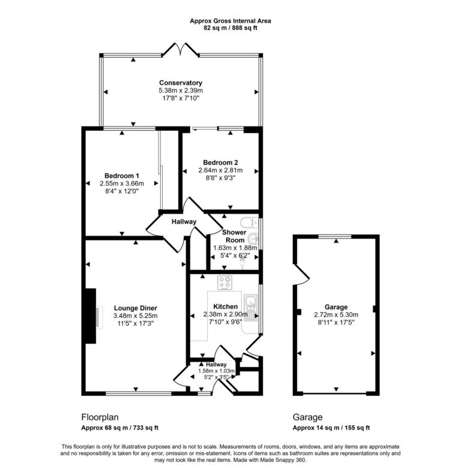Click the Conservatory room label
tap(180, 83)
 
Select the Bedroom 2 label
tap(220, 162)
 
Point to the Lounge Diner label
tap(135, 308)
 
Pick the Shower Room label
tap(234, 236)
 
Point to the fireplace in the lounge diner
tap(91, 315)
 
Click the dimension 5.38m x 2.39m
tap(180, 91)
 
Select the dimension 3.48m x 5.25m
tap(135, 316)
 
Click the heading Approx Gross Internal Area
tap(230, 20)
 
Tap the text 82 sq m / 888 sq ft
tap(230, 28)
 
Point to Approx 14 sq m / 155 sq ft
tap(331, 428)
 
